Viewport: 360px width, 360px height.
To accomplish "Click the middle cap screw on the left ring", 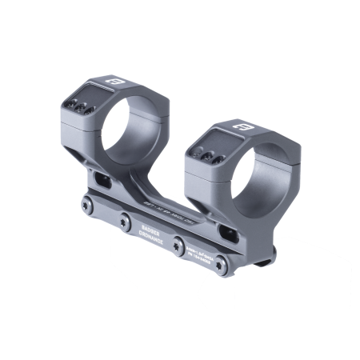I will point(78,104).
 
